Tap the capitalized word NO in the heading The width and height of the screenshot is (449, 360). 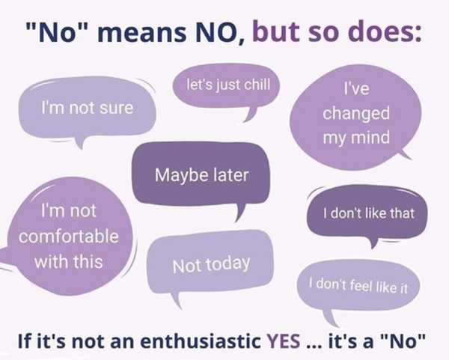click(216, 32)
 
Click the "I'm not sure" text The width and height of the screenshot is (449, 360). click(88, 108)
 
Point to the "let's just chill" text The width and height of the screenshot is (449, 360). click(228, 85)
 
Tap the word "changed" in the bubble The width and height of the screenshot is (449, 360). click(356, 114)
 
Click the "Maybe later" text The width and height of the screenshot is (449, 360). click(201, 175)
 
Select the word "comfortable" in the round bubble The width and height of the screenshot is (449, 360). click(69, 237)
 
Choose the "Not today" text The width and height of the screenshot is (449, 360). click(211, 265)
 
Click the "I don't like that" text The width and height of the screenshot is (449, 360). click(369, 213)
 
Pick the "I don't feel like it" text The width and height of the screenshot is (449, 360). click(358, 286)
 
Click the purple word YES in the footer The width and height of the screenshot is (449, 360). click(284, 341)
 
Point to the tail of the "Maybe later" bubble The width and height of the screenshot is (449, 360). click(240, 213)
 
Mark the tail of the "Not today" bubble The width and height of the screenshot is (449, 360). click(176, 301)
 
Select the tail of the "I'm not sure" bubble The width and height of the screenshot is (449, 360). click(80, 142)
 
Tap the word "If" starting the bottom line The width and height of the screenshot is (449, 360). click(23, 341)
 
